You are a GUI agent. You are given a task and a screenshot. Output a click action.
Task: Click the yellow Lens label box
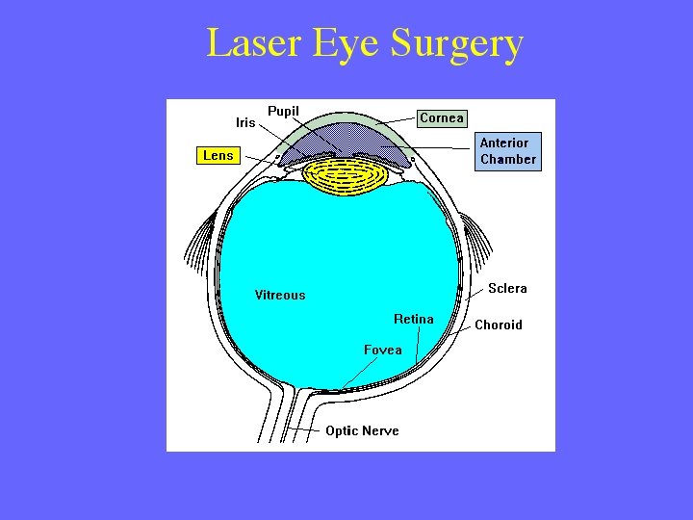(x=218, y=155)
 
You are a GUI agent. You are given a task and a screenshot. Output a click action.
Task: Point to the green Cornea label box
(x=442, y=118)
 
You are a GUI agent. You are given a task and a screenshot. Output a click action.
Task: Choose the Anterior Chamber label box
(x=508, y=151)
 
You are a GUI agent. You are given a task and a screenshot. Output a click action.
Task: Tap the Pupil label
(x=283, y=111)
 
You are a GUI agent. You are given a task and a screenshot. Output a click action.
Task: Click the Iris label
(x=245, y=123)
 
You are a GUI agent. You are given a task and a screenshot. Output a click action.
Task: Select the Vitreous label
(x=280, y=296)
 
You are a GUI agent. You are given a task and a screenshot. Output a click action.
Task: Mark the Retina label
(x=414, y=319)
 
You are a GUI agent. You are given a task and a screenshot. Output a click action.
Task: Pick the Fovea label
(x=382, y=350)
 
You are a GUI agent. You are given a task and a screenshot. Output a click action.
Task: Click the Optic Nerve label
(x=362, y=430)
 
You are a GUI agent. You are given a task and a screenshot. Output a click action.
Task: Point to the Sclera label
(x=507, y=288)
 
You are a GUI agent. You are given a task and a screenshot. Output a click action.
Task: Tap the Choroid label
(x=499, y=325)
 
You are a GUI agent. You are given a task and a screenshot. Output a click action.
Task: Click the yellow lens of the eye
(x=346, y=178)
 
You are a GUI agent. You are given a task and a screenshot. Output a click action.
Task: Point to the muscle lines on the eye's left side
(x=199, y=241)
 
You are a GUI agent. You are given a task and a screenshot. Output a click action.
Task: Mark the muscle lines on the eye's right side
(x=477, y=236)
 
